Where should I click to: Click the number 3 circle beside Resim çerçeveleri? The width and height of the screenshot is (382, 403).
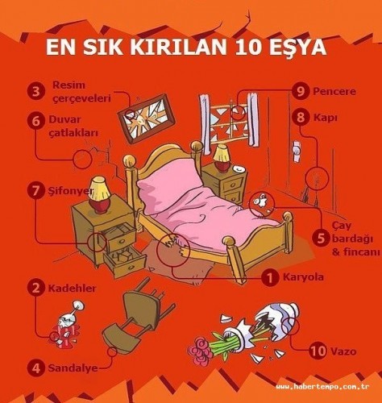(x=35, y=91)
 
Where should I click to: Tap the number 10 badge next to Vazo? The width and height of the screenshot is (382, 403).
(x=318, y=351)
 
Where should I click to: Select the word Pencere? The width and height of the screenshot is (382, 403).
(x=334, y=92)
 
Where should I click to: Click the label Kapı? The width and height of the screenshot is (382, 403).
(x=325, y=118)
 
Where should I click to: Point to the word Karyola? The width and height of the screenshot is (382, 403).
(x=303, y=277)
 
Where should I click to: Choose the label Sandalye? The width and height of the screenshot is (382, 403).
(x=73, y=368)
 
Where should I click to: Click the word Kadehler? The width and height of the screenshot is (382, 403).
(x=72, y=289)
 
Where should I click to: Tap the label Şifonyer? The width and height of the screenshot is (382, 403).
(x=71, y=192)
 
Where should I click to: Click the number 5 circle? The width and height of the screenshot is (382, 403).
(x=321, y=239)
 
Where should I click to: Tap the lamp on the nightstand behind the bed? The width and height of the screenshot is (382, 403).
(x=222, y=158)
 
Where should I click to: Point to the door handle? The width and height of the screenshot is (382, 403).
(x=297, y=149)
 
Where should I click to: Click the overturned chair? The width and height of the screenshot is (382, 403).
(x=136, y=316)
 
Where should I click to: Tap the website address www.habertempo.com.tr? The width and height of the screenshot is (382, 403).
(x=322, y=387)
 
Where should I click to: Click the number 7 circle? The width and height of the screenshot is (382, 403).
(x=35, y=191)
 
